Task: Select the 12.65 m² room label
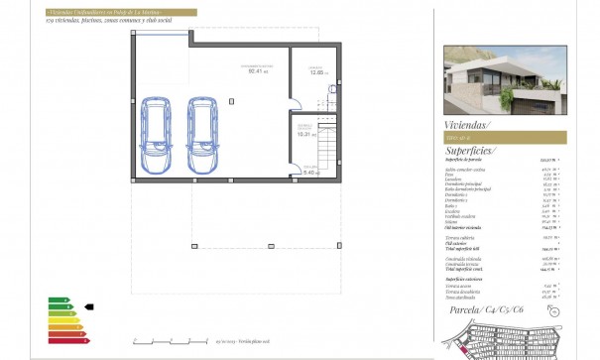pyautogui.click(x=317, y=72)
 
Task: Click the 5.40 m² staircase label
pyautogui.click(x=307, y=172)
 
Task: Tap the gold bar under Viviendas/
pyautogui.click(x=505, y=137)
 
